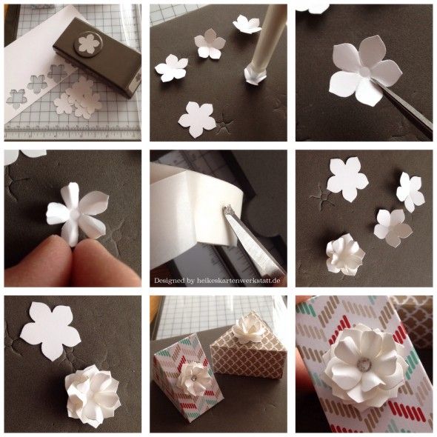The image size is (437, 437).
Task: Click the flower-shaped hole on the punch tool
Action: (88, 44)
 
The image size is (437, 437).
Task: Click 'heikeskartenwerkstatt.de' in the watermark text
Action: (238, 281)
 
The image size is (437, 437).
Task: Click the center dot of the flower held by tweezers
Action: (366, 72)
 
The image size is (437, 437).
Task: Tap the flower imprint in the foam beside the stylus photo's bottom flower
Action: (224, 124)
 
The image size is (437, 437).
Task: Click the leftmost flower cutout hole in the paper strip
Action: (17, 97)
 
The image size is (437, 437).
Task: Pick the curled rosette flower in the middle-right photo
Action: (344, 254)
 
